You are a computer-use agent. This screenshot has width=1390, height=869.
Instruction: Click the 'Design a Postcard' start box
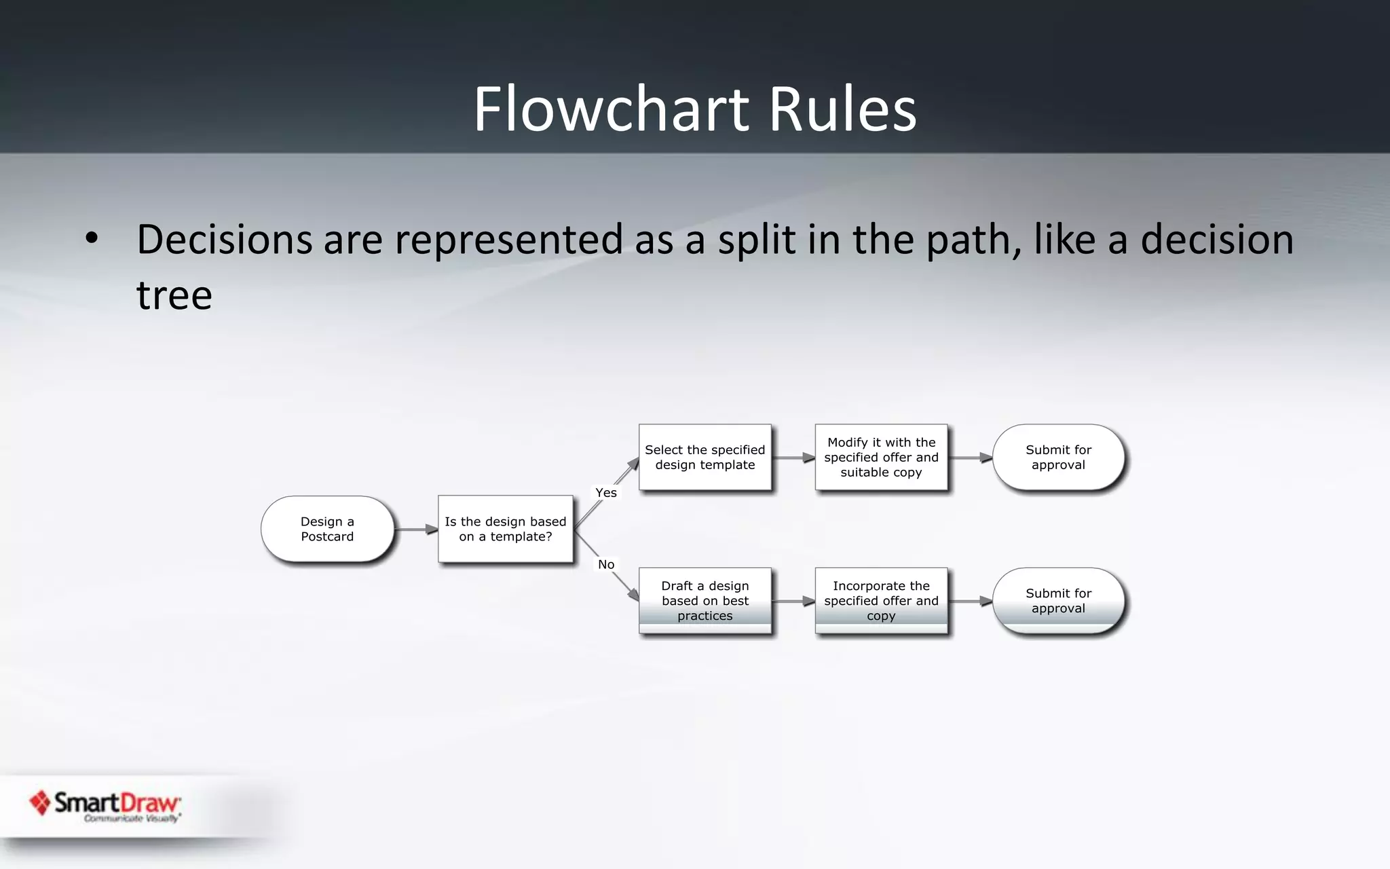pyautogui.click(x=327, y=529)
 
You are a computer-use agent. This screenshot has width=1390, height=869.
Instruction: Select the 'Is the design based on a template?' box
pyautogui.click(x=505, y=529)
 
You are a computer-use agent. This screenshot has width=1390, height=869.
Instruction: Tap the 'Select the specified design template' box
pyautogui.click(x=705, y=457)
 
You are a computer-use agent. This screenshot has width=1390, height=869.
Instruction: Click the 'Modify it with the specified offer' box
pyautogui.click(x=881, y=457)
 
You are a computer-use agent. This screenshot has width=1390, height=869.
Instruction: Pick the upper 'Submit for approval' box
pyautogui.click(x=1058, y=457)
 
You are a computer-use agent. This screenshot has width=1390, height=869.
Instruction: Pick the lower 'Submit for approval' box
pyautogui.click(x=1058, y=601)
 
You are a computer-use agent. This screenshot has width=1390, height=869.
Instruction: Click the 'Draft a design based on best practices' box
pyautogui.click(x=705, y=601)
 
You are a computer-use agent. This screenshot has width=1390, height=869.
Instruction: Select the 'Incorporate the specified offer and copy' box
pyautogui.click(x=881, y=601)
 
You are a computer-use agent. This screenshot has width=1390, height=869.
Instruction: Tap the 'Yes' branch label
pyautogui.click(x=606, y=493)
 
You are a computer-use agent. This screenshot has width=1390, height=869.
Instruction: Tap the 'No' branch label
pyautogui.click(x=606, y=564)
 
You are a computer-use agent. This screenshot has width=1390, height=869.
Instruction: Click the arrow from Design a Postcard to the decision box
pyautogui.click(x=416, y=529)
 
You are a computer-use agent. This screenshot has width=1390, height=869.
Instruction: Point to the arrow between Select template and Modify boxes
pyautogui.click(x=793, y=458)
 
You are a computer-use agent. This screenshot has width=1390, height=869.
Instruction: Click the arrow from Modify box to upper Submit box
pyautogui.click(x=970, y=458)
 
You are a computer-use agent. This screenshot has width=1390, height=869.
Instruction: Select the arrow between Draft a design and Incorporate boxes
pyautogui.click(x=793, y=601)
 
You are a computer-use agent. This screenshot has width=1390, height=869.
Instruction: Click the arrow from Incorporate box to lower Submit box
pyautogui.click(x=970, y=601)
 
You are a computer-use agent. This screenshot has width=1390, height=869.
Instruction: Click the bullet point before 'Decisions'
pyautogui.click(x=92, y=238)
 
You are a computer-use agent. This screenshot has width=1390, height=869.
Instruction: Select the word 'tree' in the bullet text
pyautogui.click(x=174, y=295)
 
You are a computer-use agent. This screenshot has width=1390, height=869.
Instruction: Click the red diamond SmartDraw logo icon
pyautogui.click(x=40, y=802)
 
